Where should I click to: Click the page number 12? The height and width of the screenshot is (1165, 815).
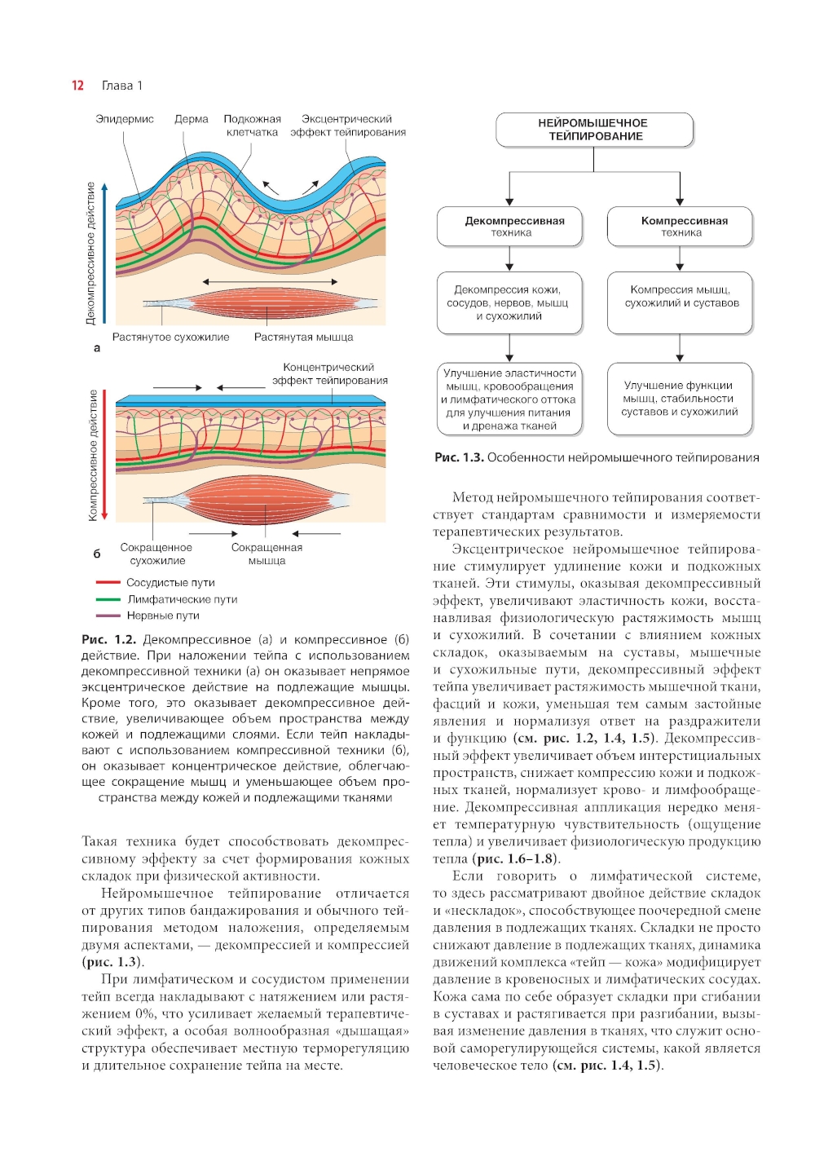click(x=77, y=86)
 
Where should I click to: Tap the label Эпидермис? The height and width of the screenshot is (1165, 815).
click(x=125, y=119)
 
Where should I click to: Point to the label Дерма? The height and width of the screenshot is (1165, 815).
click(x=192, y=119)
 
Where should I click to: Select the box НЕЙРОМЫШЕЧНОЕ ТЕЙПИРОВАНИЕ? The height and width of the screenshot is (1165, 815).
click(x=594, y=130)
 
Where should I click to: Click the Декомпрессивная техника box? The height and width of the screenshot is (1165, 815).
click(x=510, y=227)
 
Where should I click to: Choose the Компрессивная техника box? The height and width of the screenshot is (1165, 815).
click(x=680, y=227)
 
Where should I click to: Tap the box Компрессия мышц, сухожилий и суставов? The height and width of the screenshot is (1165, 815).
click(x=680, y=302)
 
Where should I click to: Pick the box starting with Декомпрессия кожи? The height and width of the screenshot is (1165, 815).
click(x=510, y=302)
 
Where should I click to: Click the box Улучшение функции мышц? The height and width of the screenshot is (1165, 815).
click(x=680, y=399)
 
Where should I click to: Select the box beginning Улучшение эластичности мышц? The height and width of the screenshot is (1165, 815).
click(x=510, y=399)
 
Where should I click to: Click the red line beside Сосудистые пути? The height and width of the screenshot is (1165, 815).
click(x=108, y=583)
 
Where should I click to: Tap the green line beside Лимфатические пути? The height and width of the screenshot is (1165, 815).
click(x=108, y=599)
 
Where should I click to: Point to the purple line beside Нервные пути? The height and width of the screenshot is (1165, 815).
click(x=108, y=616)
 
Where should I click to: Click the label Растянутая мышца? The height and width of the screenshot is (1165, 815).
click(x=303, y=337)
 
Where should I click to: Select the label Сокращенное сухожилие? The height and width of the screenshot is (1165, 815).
click(x=156, y=554)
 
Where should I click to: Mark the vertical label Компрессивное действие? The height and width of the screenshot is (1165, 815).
click(x=93, y=455)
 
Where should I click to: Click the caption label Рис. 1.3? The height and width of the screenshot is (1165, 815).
click(x=459, y=457)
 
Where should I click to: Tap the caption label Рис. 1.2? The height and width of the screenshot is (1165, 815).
click(x=108, y=640)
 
